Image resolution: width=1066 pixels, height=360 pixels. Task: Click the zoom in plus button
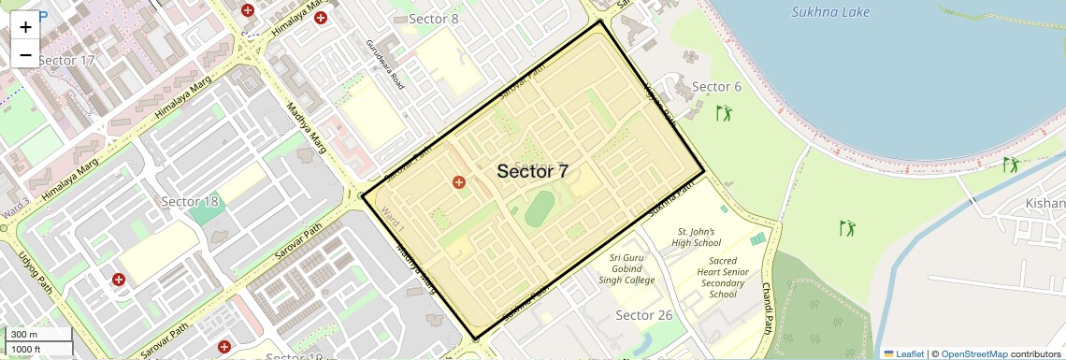pyautogui.click(x=25, y=26)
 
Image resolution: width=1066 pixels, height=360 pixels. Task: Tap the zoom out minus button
pyautogui.click(x=25, y=54)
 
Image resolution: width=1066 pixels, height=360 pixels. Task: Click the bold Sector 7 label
pyautogui.click(x=532, y=171)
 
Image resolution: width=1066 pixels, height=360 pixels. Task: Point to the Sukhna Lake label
pyautogui.click(x=830, y=12)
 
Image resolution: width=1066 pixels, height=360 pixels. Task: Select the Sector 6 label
pyautogui.click(x=716, y=87)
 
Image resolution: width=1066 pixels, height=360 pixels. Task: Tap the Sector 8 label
pyautogui.click(x=434, y=19)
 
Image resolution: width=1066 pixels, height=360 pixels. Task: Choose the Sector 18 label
pyautogui.click(x=190, y=201)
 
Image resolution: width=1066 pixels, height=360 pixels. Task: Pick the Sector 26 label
pyautogui.click(x=644, y=315)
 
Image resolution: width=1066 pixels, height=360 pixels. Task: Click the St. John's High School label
pyautogui.click(x=696, y=237)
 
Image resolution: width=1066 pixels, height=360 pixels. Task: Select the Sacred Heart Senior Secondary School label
pyautogui.click(x=723, y=278)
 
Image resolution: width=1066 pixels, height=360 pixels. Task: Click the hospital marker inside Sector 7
pyautogui.click(x=458, y=182)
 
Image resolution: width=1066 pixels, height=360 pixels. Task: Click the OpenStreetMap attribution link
pyautogui.click(x=973, y=353)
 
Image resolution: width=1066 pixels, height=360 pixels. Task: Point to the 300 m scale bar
pyautogui.click(x=37, y=335)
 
